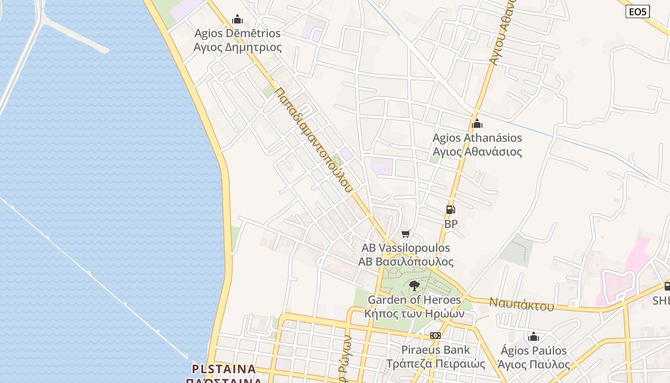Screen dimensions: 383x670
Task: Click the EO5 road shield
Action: coord(637,11)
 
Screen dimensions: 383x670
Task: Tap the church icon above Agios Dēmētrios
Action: coord(237,19)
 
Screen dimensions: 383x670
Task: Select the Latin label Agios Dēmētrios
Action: coord(237,34)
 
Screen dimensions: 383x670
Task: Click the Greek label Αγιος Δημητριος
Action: coord(237,47)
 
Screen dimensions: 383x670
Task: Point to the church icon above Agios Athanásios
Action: coord(477,124)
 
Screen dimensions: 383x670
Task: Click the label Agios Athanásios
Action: coord(477,138)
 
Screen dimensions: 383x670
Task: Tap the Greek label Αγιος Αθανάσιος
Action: coord(477,152)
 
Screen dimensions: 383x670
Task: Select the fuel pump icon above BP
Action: coord(450,210)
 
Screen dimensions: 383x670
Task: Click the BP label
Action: coord(451,224)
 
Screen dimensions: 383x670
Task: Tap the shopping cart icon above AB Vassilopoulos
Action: coord(406,234)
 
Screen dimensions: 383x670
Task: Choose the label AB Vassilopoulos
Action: coord(406,248)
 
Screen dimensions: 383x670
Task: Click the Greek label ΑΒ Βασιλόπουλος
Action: coord(406,262)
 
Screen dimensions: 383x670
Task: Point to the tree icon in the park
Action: coord(414,286)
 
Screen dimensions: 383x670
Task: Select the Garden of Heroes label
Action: coord(414,300)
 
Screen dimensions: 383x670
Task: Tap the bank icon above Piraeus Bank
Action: coord(435,336)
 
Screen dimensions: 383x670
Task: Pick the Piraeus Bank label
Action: coord(435,350)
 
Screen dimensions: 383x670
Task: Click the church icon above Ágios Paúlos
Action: coord(534,337)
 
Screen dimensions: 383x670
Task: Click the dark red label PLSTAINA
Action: coord(224,369)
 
